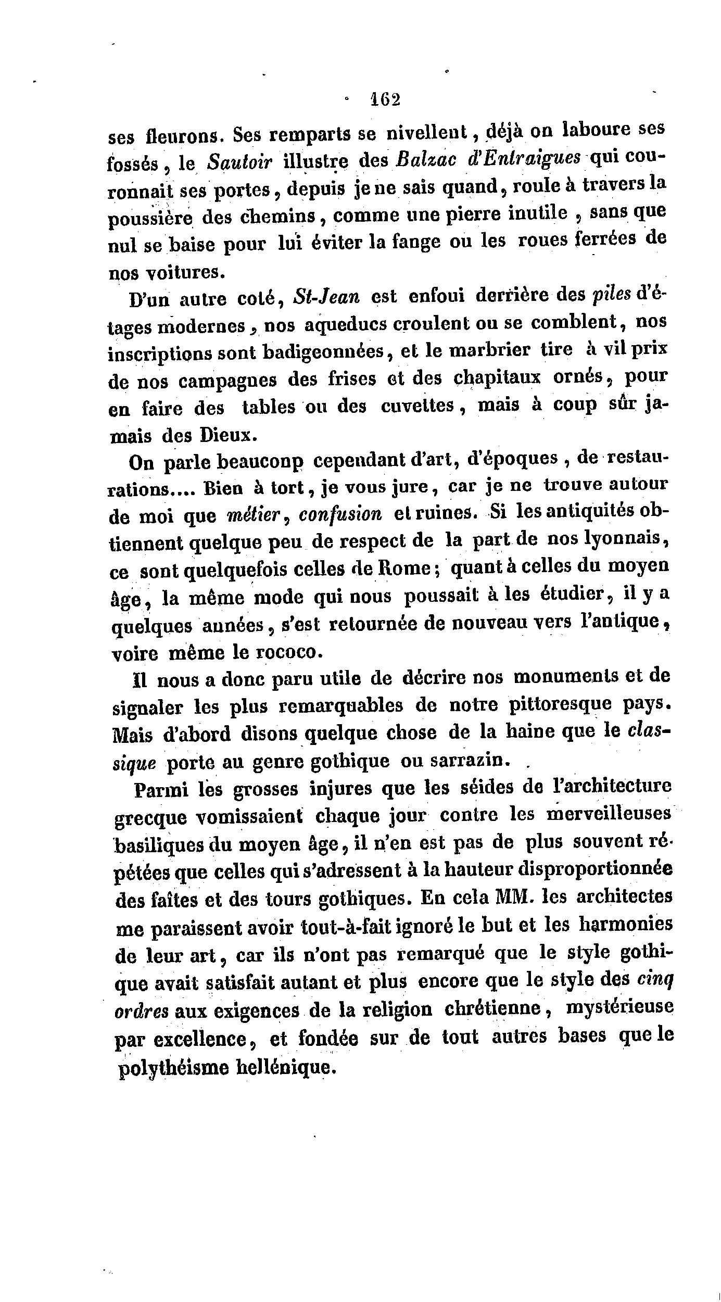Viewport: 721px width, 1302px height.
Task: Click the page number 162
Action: tap(385, 99)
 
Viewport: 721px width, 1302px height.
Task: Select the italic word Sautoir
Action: tap(239, 162)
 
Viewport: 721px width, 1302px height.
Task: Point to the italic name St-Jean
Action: tap(326, 297)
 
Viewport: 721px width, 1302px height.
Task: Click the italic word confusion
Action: tap(341, 514)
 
